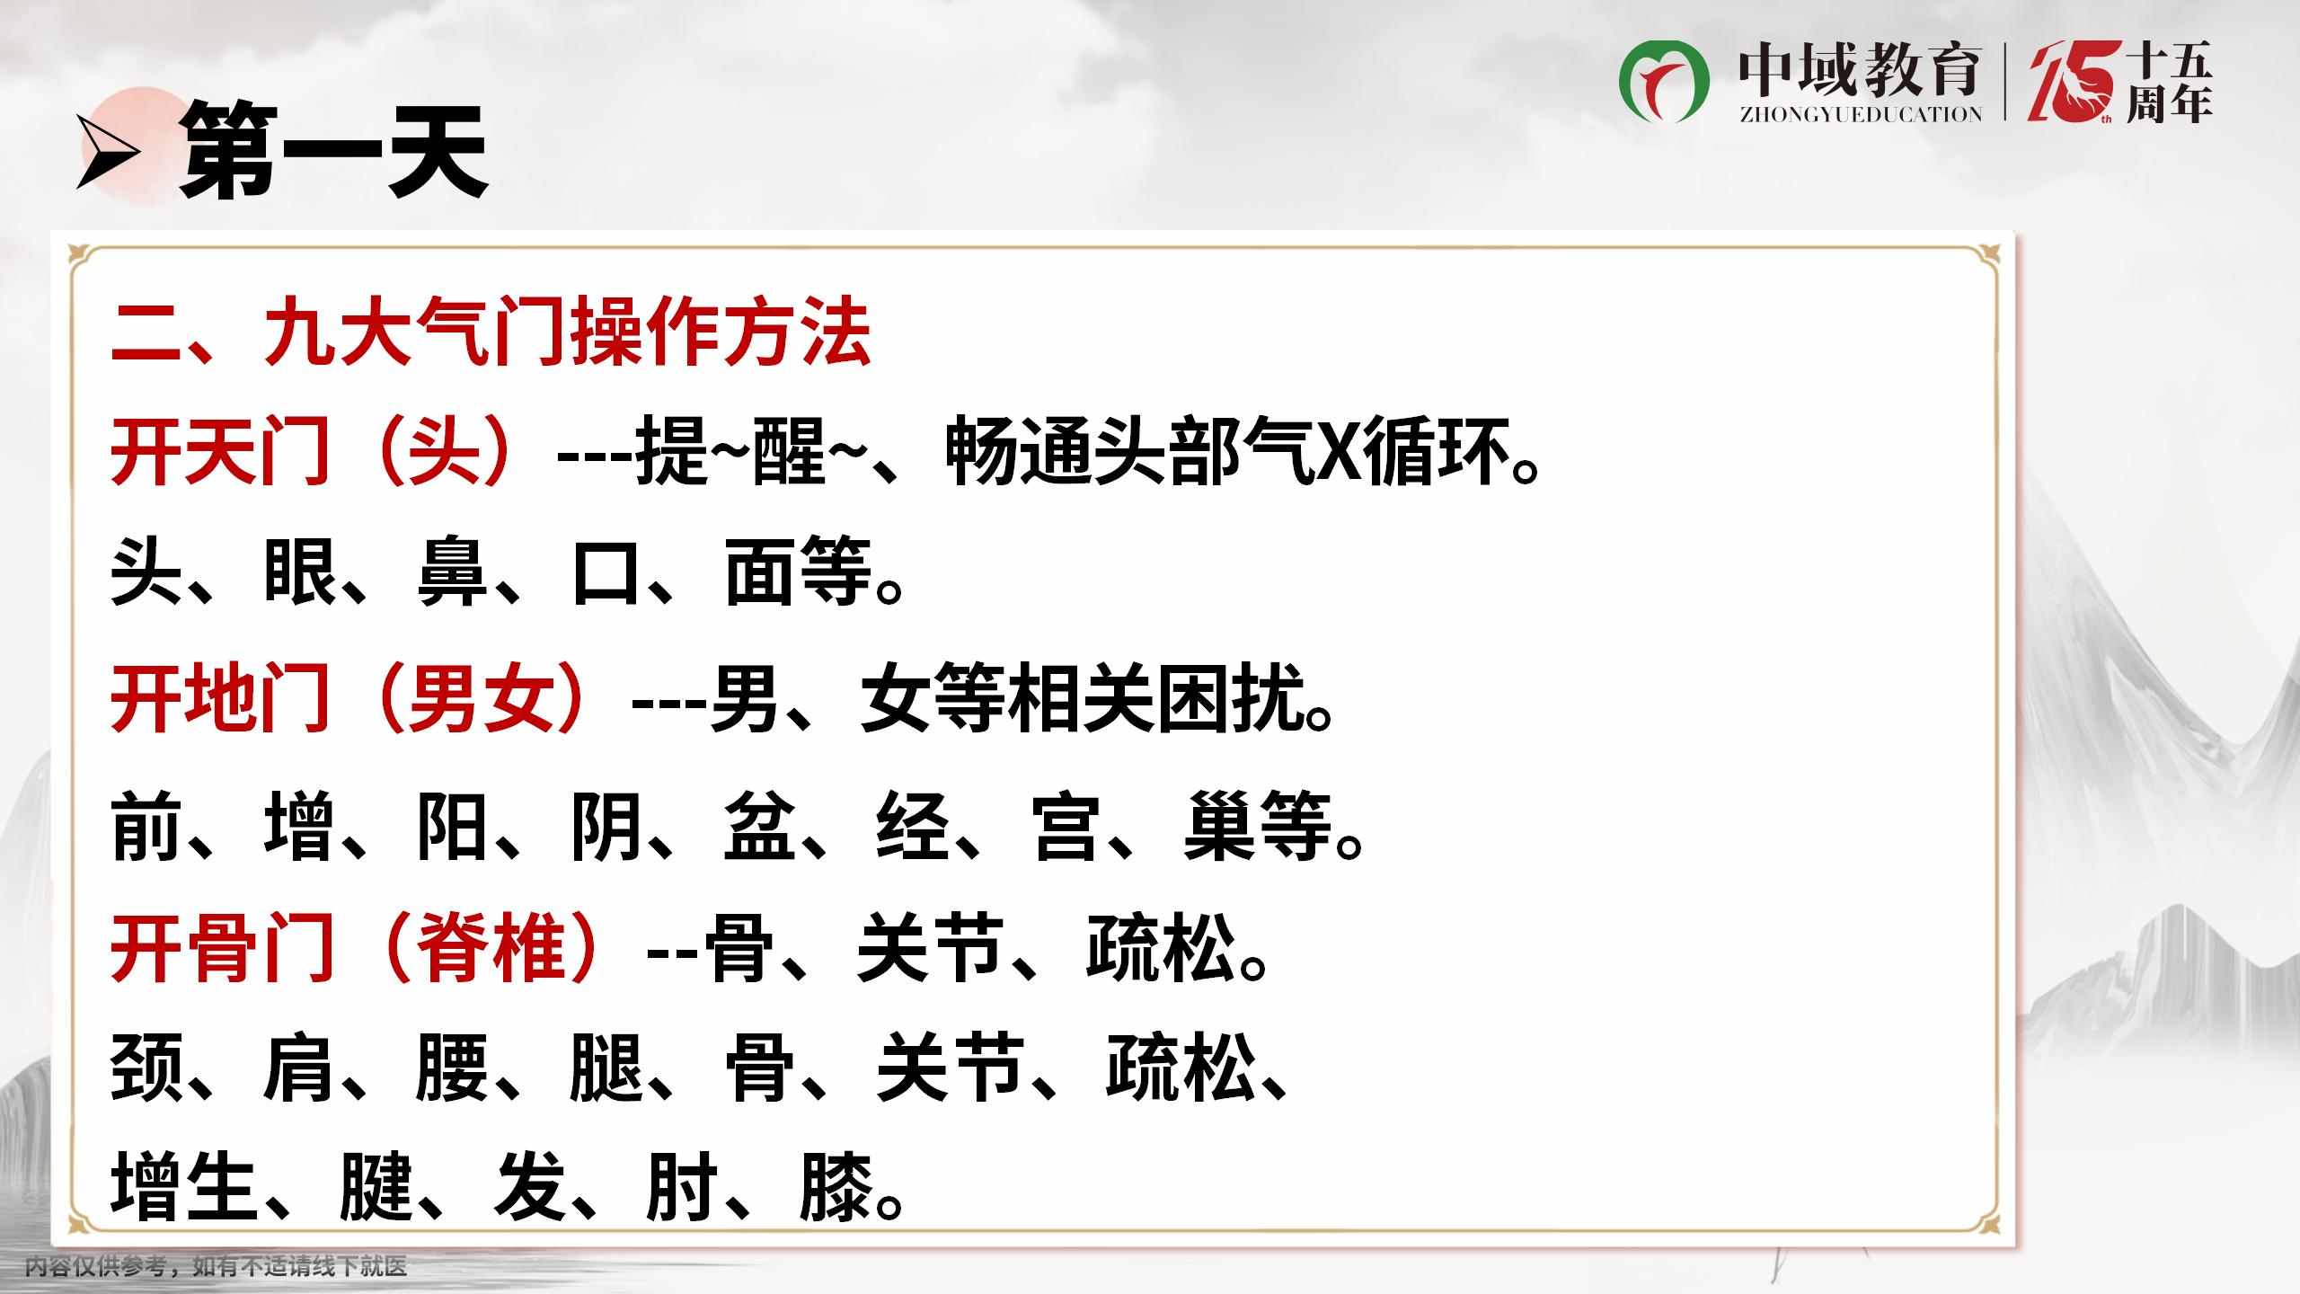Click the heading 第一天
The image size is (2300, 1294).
(x=333, y=151)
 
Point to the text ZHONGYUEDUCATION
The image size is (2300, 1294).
(x=1861, y=114)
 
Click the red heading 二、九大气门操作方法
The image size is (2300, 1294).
(x=491, y=333)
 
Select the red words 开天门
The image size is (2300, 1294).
(x=219, y=451)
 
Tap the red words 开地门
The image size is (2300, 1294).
(x=219, y=697)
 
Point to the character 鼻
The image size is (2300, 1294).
(x=451, y=572)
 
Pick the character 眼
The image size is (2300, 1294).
(x=299, y=572)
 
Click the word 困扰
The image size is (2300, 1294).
(x=1230, y=698)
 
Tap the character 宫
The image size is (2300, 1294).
(x=1066, y=825)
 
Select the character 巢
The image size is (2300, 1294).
(x=1219, y=825)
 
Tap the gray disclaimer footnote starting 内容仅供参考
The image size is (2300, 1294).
(x=216, y=1267)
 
